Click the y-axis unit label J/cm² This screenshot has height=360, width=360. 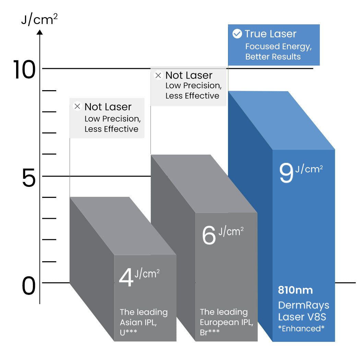pyautogui.click(x=39, y=19)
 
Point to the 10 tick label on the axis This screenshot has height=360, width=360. pyautogui.click(x=24, y=70)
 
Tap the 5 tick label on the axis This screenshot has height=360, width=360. pyautogui.click(x=29, y=177)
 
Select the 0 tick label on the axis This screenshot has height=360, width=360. pyautogui.click(x=29, y=286)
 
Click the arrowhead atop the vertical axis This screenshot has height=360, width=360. pyautogui.click(x=40, y=32)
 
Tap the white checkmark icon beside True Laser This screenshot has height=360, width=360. pyautogui.click(x=237, y=34)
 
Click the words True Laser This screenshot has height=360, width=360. pyautogui.click(x=271, y=34)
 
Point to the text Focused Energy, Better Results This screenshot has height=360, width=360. pyautogui.click(x=278, y=51)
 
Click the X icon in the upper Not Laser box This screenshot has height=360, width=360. pyautogui.click(x=158, y=75)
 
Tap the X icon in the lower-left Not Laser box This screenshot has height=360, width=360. pyautogui.click(x=77, y=106)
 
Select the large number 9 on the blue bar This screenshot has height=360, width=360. pyautogui.click(x=286, y=173)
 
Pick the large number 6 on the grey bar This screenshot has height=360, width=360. pyautogui.click(x=209, y=235)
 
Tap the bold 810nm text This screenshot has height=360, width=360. pyautogui.click(x=295, y=290)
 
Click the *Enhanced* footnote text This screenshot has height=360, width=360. pyautogui.click(x=301, y=328)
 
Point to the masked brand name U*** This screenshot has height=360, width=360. pyautogui.click(x=128, y=332)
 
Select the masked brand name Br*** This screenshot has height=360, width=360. pyautogui.click(x=209, y=332)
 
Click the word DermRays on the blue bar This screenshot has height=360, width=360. pyautogui.click(x=303, y=305)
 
